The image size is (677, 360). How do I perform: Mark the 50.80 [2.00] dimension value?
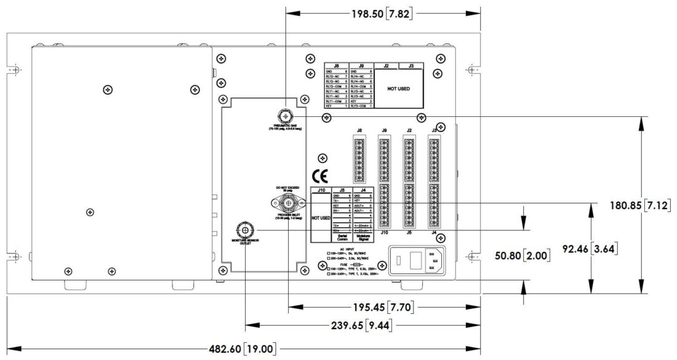pyautogui.click(x=523, y=255)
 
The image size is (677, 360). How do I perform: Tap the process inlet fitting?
pyautogui.click(x=287, y=204)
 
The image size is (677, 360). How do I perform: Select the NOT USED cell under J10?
pyautogui.click(x=320, y=218)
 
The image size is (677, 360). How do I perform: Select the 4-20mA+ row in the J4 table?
pyautogui.click(x=363, y=225)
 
